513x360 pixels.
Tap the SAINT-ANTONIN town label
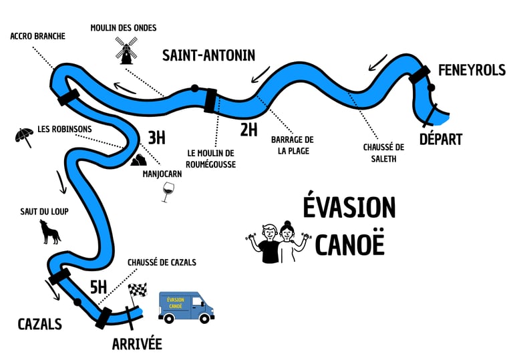[208, 55]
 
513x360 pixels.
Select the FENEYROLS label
[472, 71]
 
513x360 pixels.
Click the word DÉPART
[440, 139]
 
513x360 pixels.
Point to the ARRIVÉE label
[136, 344]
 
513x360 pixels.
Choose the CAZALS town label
[39, 324]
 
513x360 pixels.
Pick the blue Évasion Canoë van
[186, 307]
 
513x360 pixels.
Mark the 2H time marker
[248, 130]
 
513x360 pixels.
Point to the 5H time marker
[98, 287]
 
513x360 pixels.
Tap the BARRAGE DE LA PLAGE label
[292, 145]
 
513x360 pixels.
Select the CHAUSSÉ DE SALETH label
[384, 152]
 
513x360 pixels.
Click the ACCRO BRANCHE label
[38, 36]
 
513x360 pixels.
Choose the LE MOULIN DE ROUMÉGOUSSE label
[211, 158]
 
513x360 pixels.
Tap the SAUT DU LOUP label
[45, 212]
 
